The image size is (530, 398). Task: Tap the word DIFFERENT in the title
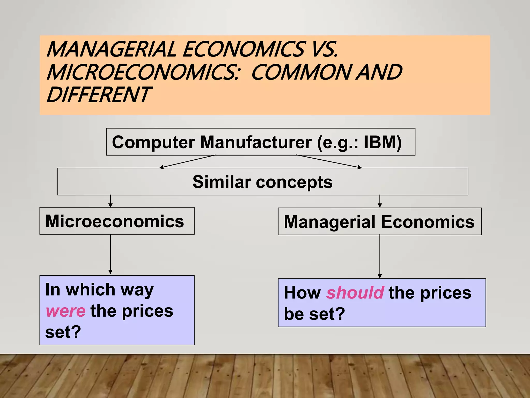pos(98,95)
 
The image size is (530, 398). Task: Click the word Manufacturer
pos(256,142)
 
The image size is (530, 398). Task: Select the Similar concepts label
pos(262,182)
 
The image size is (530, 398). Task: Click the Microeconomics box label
pos(115,221)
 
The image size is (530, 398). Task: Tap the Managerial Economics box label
pos(379,222)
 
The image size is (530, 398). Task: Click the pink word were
pos(66,311)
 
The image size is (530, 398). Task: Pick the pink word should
pos(355,293)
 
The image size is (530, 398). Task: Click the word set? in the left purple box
pos(63,332)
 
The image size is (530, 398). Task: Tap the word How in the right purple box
pos(302,293)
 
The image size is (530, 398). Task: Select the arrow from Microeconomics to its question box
pos(111,254)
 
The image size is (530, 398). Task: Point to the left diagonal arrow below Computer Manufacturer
pos(188,162)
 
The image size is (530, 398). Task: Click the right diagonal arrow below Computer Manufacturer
pos(329,162)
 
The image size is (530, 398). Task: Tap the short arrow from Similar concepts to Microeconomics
pos(111,201)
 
